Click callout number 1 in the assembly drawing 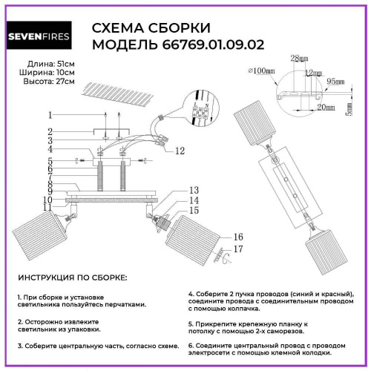[50, 115]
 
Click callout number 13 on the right [194, 190]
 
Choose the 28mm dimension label [299, 58]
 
